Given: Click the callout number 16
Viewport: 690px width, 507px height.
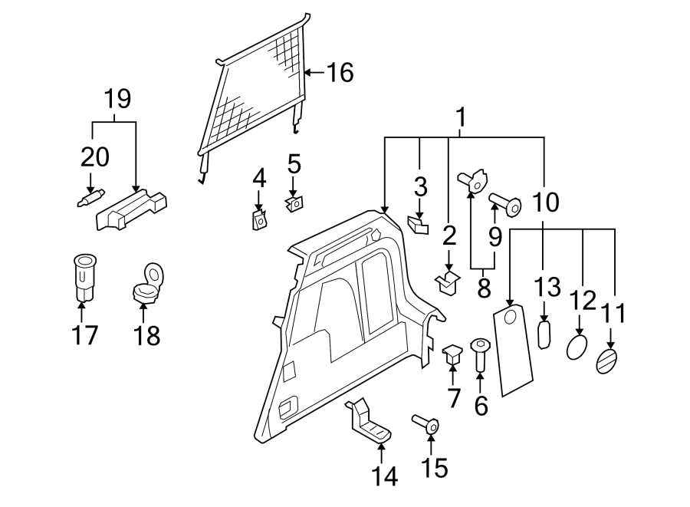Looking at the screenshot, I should (x=340, y=73).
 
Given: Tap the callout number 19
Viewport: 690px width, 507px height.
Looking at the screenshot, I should (x=117, y=99).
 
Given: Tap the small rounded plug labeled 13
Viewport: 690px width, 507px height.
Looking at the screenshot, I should (x=544, y=334).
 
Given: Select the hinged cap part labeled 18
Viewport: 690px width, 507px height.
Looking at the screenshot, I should (x=146, y=285).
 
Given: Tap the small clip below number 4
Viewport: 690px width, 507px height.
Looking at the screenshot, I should (x=259, y=221).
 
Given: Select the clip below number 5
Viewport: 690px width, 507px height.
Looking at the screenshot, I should (x=294, y=204).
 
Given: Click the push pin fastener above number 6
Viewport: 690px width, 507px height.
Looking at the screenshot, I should (x=481, y=353).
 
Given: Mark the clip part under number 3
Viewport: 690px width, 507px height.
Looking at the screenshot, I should (x=419, y=225).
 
